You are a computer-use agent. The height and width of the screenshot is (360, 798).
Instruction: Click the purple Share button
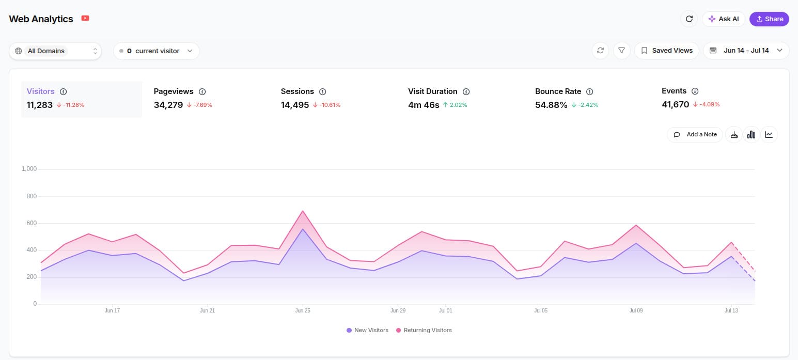(769, 19)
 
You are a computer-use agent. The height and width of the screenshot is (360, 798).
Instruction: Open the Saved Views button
(666, 51)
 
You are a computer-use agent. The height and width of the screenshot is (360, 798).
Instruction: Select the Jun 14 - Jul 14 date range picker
(746, 51)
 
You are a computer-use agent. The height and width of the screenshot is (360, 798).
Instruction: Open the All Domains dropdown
(55, 51)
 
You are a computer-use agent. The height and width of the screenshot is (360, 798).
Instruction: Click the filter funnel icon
(622, 51)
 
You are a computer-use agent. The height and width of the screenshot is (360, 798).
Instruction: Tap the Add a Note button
(695, 135)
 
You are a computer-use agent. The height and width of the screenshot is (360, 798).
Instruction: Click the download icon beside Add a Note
(734, 135)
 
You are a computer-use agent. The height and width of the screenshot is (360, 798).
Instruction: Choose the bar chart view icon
(752, 135)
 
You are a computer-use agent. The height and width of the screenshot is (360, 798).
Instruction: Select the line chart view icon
(769, 135)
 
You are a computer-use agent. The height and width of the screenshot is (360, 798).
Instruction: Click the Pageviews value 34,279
(168, 105)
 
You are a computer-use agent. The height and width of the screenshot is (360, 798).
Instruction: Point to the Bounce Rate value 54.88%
(551, 105)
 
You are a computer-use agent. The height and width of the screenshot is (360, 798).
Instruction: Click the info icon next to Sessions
(322, 92)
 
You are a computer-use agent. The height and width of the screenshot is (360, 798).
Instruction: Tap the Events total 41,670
(676, 105)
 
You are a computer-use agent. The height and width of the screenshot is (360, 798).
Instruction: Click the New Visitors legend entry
(367, 330)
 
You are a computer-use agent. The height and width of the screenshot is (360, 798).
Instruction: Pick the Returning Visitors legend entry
(424, 330)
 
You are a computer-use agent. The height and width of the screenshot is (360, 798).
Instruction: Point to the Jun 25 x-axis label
(303, 310)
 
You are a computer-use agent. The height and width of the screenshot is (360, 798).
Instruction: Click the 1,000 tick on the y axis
(29, 169)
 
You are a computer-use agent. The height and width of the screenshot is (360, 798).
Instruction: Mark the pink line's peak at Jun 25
(303, 211)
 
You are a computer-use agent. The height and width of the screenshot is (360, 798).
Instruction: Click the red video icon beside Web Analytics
(85, 18)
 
